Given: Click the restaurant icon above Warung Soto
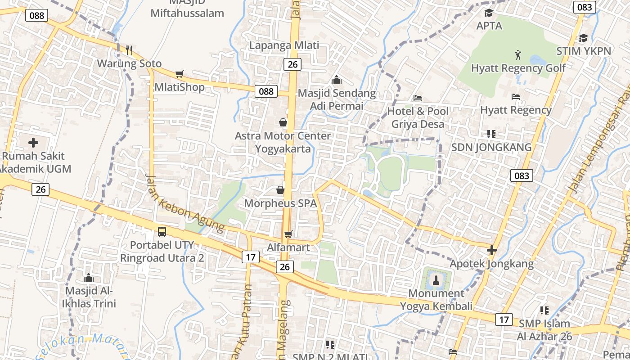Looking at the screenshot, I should tap(129, 50).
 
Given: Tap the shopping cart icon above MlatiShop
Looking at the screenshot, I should tap(180, 74).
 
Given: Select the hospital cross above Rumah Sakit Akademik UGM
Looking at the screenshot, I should tap(33, 143).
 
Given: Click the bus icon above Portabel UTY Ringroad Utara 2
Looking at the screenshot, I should tap(162, 232).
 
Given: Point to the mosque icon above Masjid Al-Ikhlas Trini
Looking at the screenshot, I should tap(89, 277).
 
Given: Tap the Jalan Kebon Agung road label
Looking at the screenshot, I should tap(184, 204).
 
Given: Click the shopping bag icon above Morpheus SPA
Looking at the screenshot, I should tap(280, 190).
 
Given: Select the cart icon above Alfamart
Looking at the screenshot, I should tap(288, 234).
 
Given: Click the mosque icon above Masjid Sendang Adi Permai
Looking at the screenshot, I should tap(337, 80).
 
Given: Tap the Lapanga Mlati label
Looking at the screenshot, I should tap(284, 45).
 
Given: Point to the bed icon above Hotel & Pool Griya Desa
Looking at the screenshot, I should tap(418, 98).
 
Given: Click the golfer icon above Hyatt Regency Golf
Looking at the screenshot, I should tap(518, 55).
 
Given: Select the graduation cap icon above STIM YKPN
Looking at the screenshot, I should tap(583, 38).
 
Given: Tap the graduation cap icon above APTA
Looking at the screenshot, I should tap(489, 13).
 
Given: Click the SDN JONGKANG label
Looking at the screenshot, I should tap(491, 147).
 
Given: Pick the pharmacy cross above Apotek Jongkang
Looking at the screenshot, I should tap(492, 250).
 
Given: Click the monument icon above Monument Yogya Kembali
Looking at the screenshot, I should tap(436, 280).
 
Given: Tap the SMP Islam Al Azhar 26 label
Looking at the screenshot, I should tap(544, 330).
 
